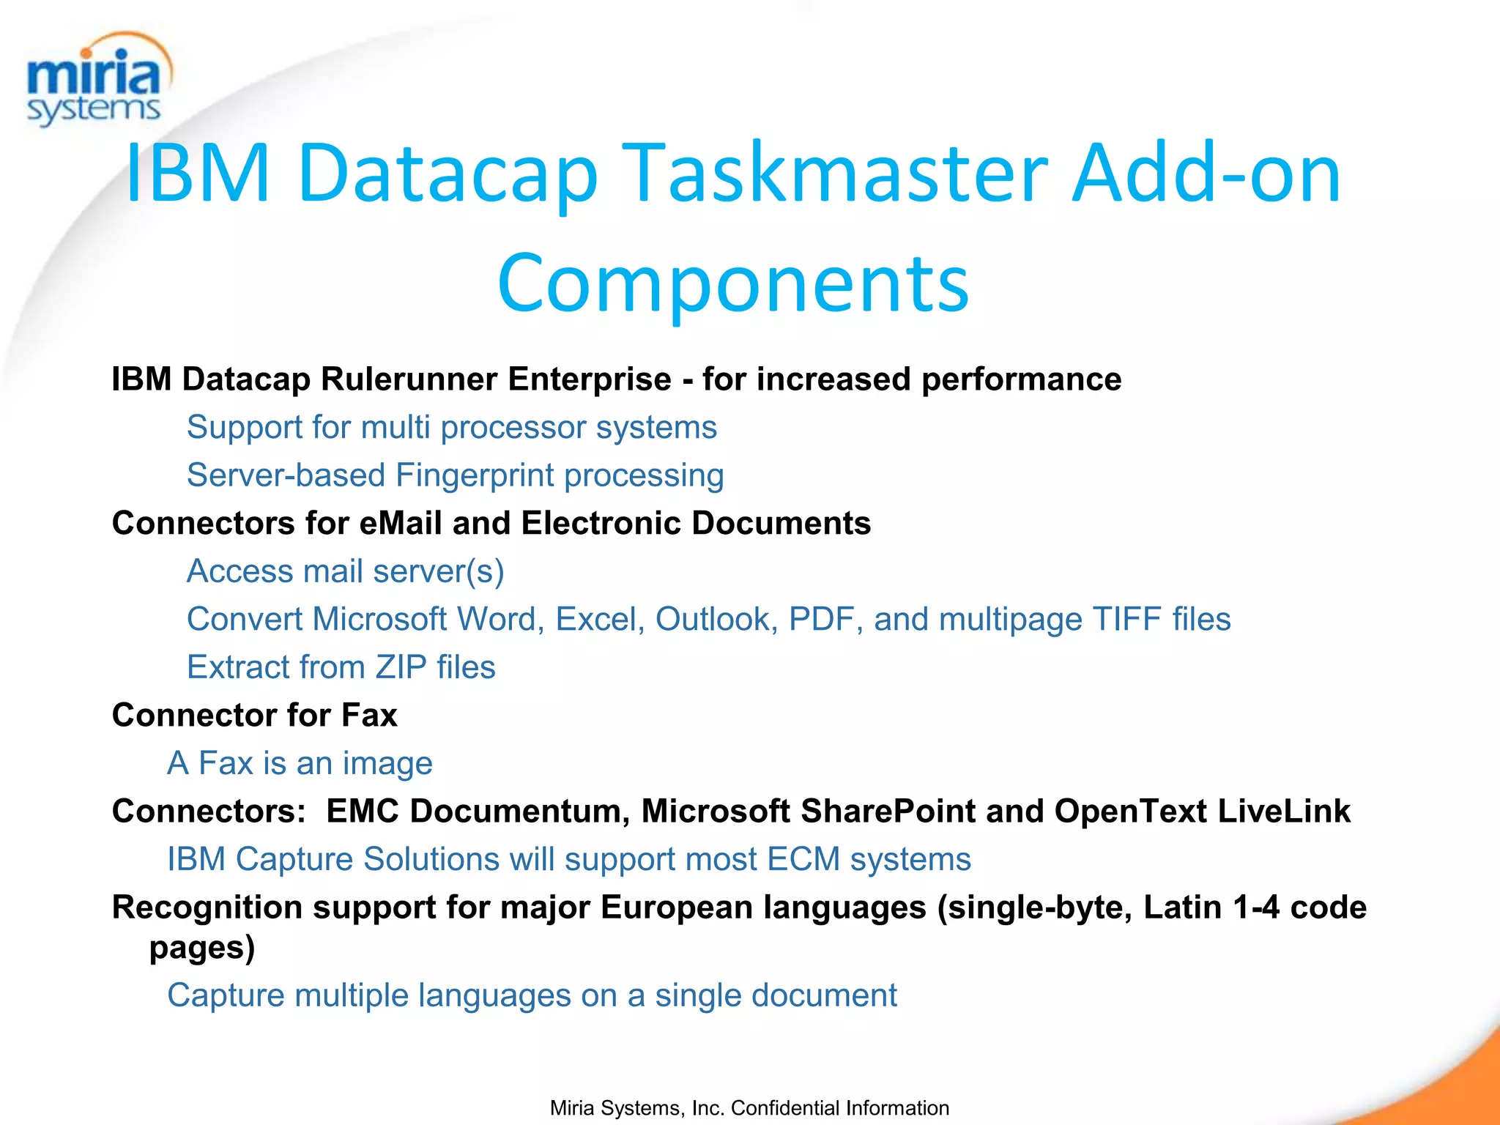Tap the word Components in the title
[733, 283]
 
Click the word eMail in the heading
[401, 524]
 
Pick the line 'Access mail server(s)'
[345, 571]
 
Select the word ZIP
[401, 667]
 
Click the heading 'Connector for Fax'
[254, 715]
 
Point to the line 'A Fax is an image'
[300, 763]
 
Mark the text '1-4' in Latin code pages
[1256, 907]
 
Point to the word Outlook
[716, 620]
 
